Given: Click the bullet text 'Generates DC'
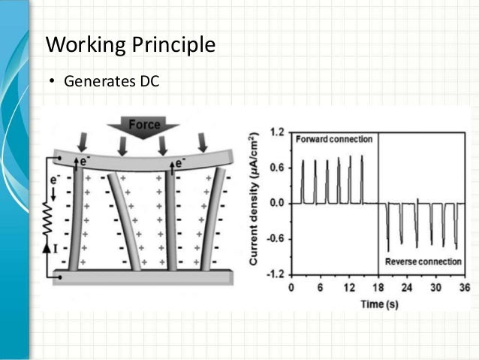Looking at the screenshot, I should (111, 80).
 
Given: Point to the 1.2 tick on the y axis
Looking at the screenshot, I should (276, 132).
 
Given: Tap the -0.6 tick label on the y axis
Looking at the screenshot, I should (275, 239).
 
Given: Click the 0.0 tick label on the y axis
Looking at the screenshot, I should (276, 203).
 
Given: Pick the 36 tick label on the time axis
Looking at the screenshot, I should (463, 288).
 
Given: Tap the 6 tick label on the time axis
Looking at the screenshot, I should (320, 288).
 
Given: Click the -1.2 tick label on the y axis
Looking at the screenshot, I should (275, 274).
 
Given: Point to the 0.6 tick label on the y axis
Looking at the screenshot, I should (276, 168).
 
